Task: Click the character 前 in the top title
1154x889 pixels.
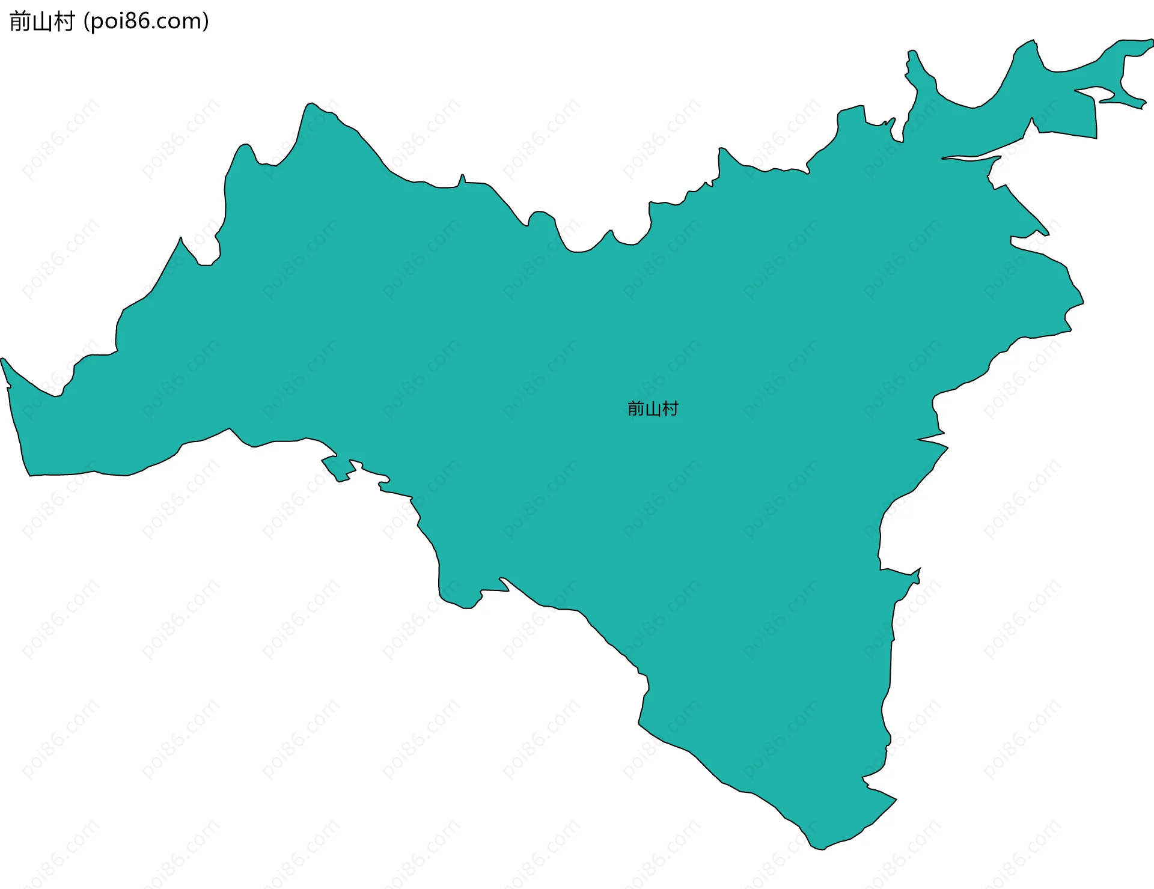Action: click(20, 22)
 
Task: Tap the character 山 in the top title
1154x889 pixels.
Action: click(41, 22)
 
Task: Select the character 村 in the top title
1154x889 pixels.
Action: click(64, 22)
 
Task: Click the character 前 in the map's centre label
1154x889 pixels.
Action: click(636, 409)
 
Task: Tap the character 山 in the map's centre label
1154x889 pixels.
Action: click(653, 410)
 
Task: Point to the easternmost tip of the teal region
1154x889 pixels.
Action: click(1152, 42)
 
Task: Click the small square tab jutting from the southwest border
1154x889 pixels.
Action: click(338, 469)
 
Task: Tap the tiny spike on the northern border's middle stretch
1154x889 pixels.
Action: click(462, 178)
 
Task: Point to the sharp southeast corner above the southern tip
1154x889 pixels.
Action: click(895, 799)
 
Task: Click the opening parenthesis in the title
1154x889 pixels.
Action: click(87, 22)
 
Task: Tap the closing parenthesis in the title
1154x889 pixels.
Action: click(206, 22)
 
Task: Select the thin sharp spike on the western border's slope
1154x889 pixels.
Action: click(180, 238)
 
